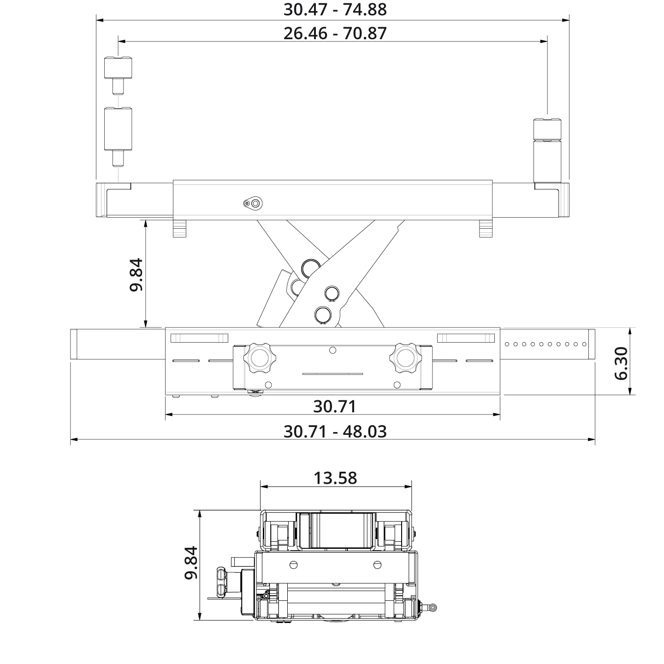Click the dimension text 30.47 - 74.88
(335, 10)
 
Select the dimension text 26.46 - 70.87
(335, 34)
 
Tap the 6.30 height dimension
(621, 363)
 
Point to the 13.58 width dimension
(335, 478)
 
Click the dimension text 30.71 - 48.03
(335, 432)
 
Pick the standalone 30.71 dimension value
(335, 407)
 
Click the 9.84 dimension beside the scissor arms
(136, 275)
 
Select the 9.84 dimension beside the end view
(190, 563)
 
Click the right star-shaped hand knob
(404, 358)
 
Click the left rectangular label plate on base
(199, 338)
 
